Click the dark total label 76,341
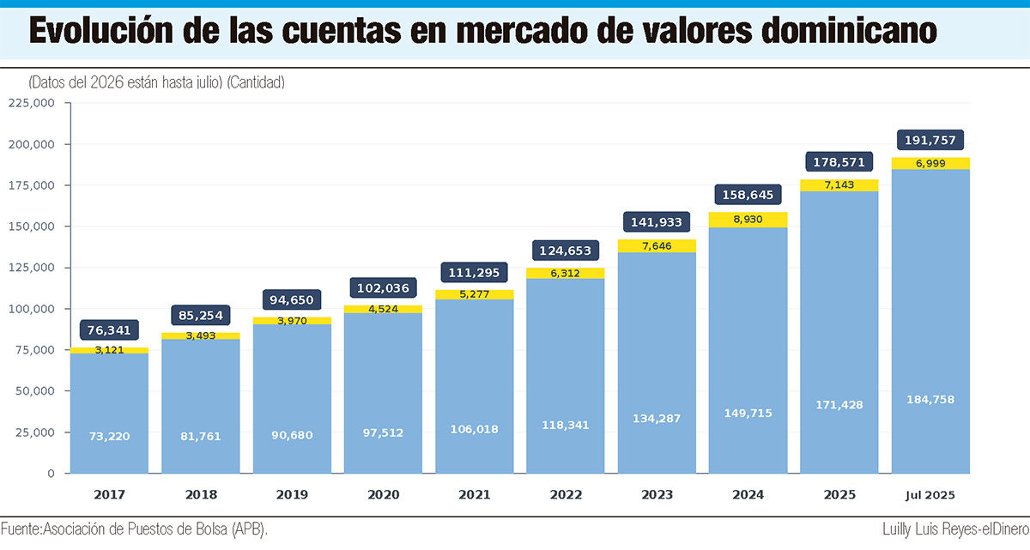coord(109,329)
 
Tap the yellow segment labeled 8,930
coord(748,220)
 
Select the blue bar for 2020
coord(383,393)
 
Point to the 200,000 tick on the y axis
coord(31,144)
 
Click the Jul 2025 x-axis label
coord(930,495)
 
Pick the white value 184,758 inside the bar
coord(930,400)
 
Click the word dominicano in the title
coord(849,30)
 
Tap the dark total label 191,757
coord(930,140)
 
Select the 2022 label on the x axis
coord(566,495)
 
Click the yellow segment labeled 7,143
coord(839,185)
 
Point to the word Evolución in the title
coord(101,30)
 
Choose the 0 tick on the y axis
coord(51,474)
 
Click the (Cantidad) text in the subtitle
coord(256,82)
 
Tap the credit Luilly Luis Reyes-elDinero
coord(955,529)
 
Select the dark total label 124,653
coord(566,251)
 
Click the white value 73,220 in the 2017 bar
coord(109,436)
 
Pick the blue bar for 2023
coord(657,363)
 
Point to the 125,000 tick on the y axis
coord(31,268)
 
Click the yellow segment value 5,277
coord(475,294)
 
